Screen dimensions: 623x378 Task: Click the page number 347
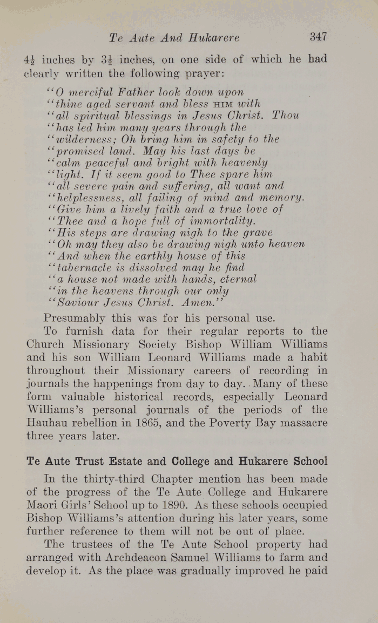[x=318, y=37]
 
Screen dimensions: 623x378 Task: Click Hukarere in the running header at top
[x=214, y=38]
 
